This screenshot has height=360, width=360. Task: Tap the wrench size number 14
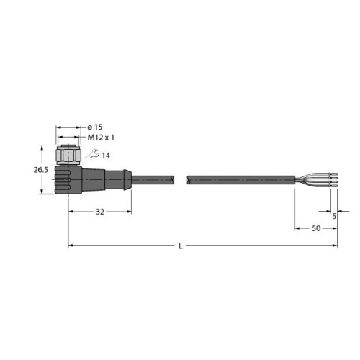click(x=105, y=156)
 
